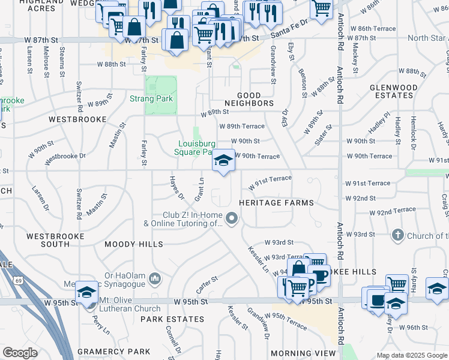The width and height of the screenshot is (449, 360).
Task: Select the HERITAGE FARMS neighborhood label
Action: click(276, 203)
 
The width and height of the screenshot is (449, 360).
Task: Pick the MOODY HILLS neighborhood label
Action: click(133, 244)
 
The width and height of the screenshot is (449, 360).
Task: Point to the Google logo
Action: click(20, 353)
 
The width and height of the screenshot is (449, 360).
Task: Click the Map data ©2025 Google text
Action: click(411, 355)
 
